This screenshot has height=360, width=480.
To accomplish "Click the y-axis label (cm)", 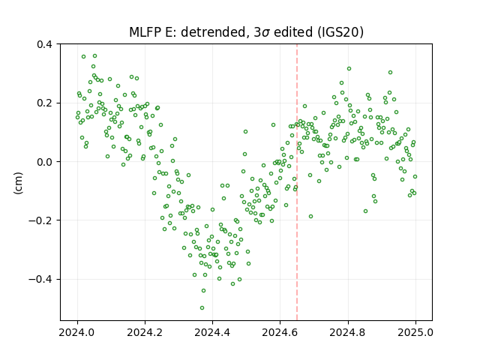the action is pyautogui.click(x=18, y=183).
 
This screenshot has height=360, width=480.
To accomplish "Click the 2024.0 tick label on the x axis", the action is pyautogui.click(x=77, y=332).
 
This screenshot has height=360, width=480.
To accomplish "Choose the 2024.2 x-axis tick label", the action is pyautogui.click(x=145, y=332).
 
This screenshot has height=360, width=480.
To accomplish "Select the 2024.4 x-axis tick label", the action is pyautogui.click(x=212, y=332).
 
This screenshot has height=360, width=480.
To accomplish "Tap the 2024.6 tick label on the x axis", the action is pyautogui.click(x=280, y=332).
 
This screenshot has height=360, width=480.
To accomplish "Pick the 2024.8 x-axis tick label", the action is pyautogui.click(x=347, y=332).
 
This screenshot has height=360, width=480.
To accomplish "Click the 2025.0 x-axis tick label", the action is pyautogui.click(x=415, y=332).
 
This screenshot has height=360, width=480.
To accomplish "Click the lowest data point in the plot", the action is pyautogui.click(x=202, y=308).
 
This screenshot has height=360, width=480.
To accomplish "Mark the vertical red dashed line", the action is pyautogui.click(x=297, y=182).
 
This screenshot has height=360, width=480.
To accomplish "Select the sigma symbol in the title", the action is pyautogui.click(x=266, y=33).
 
